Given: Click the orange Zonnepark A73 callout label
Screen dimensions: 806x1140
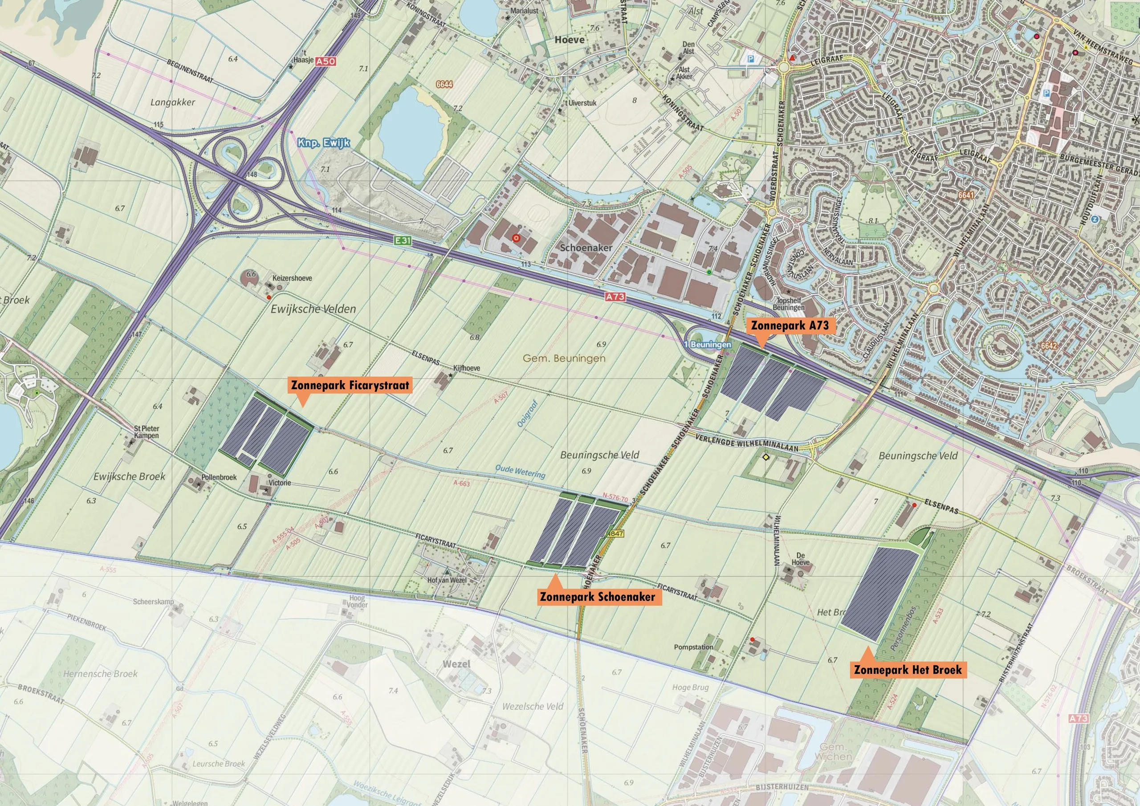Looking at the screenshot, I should pos(790,326).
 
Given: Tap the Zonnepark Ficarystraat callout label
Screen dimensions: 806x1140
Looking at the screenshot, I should pos(350,385).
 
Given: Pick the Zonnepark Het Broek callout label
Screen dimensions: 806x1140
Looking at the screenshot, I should pos(908,669).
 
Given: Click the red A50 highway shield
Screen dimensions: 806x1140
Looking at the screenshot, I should pos(326,61).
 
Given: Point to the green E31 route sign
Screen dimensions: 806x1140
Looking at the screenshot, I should pos(403,240).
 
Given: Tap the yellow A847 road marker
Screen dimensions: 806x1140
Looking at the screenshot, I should pos(615,533).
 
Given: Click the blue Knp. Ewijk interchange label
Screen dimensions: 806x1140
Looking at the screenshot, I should pos(324,143).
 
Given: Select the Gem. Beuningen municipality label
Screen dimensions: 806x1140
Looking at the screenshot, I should pos(564,358).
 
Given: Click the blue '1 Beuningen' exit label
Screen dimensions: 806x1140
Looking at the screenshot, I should pos(708,344).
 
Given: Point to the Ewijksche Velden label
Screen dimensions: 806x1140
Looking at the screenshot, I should pos(313,309).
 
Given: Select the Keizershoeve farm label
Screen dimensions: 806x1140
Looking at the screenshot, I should pos(292,278).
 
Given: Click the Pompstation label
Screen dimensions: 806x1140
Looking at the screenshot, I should pos(694,647).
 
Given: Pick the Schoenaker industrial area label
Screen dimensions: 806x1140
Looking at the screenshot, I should pos(586,247).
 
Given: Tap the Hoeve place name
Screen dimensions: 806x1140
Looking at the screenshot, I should pos(570,40).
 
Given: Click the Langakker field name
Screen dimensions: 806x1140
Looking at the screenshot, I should pos(173,102).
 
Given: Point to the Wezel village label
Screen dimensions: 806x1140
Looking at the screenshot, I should pos(456,664).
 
